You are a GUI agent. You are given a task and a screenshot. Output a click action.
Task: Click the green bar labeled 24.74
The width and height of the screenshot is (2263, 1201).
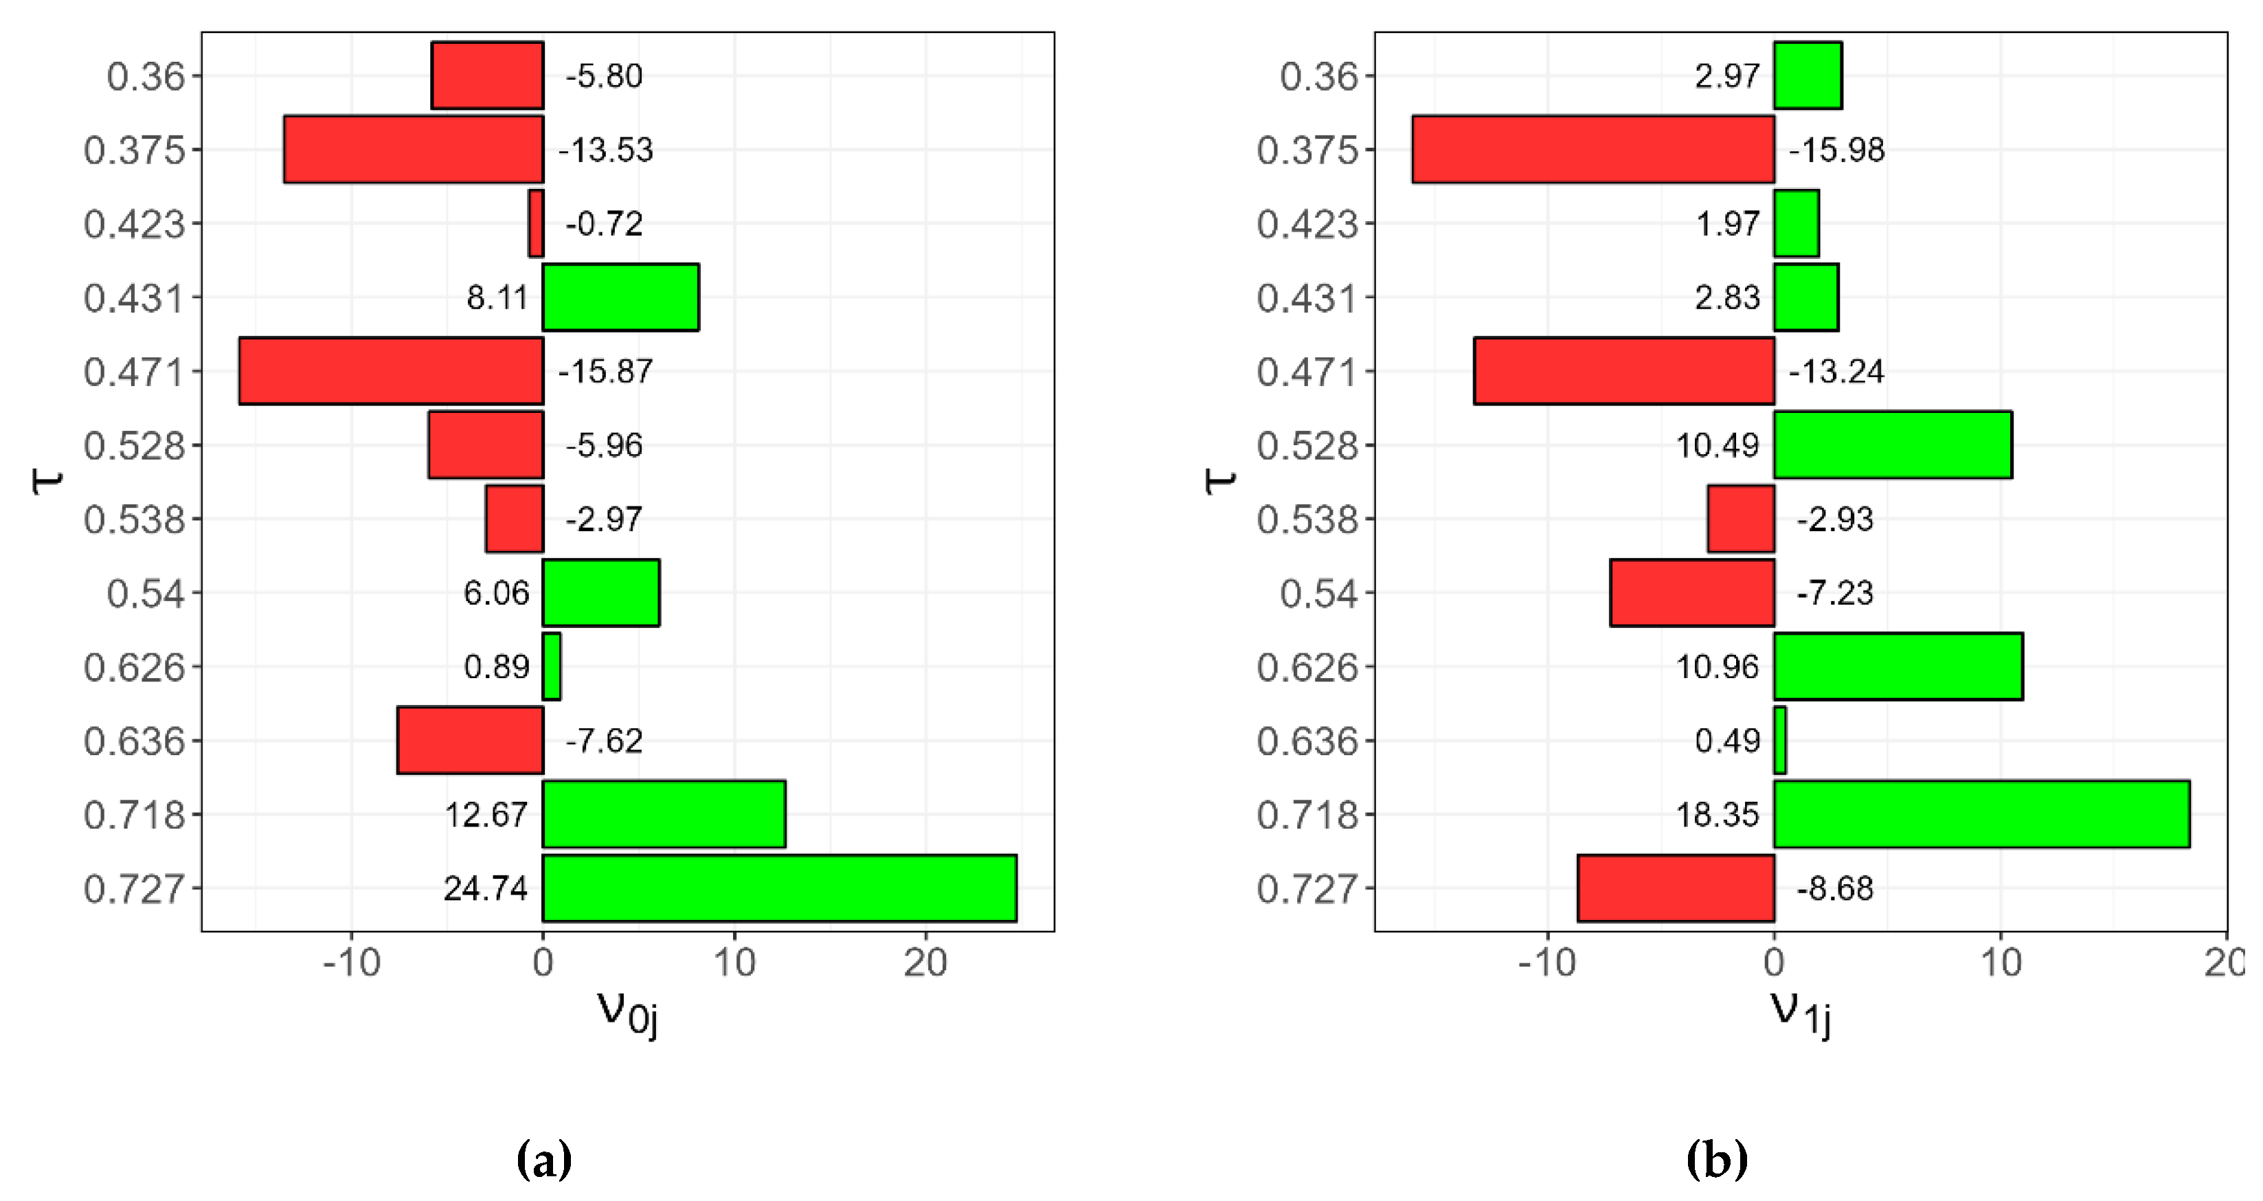(x=779, y=887)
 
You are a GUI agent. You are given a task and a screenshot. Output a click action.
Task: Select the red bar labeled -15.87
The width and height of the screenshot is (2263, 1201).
(x=391, y=371)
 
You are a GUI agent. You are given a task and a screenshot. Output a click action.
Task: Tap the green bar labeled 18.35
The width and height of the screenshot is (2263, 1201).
(x=1981, y=813)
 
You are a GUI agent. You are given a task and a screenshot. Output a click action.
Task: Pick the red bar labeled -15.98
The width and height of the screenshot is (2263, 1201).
(x=1592, y=149)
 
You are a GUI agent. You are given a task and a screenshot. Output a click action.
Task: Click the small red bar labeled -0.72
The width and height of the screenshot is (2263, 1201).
(x=536, y=223)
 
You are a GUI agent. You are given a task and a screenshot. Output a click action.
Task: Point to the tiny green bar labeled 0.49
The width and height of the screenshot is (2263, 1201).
(x=1780, y=740)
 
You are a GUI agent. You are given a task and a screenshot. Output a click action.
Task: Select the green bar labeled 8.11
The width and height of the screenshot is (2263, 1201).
(x=620, y=297)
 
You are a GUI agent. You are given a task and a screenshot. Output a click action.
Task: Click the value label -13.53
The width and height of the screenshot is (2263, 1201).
(x=606, y=149)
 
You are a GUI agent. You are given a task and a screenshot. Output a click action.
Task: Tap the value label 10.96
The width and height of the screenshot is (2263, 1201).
(x=1718, y=666)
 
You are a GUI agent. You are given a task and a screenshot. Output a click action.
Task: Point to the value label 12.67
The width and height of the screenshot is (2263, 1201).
(x=486, y=814)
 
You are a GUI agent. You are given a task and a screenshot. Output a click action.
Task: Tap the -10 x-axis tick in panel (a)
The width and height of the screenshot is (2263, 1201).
(x=351, y=963)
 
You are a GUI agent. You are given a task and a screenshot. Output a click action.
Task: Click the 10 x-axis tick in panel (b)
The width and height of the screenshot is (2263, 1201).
(x=2001, y=963)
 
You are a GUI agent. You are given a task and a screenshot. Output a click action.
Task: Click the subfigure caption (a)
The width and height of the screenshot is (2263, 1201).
(x=544, y=1160)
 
